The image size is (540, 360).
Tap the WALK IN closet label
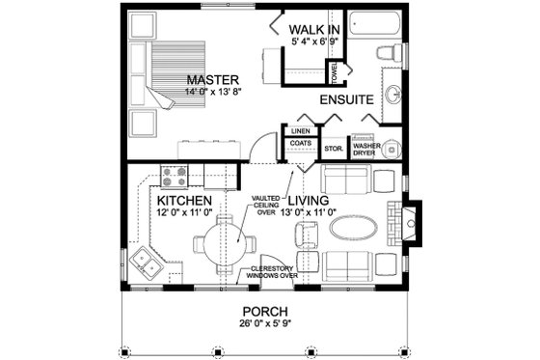point(312,29)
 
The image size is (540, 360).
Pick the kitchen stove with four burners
point(175,176)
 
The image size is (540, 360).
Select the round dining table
point(226,236)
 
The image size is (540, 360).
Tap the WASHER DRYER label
point(365,149)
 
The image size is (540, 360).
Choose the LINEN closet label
point(299,130)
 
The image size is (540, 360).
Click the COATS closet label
point(299,144)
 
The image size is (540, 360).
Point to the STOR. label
point(334,149)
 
